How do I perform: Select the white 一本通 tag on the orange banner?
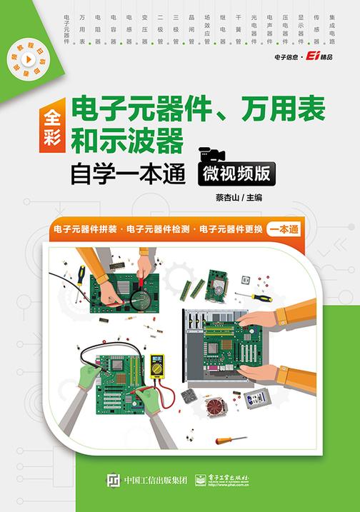tap(285, 229)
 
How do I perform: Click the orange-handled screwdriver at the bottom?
tap(231, 439)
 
